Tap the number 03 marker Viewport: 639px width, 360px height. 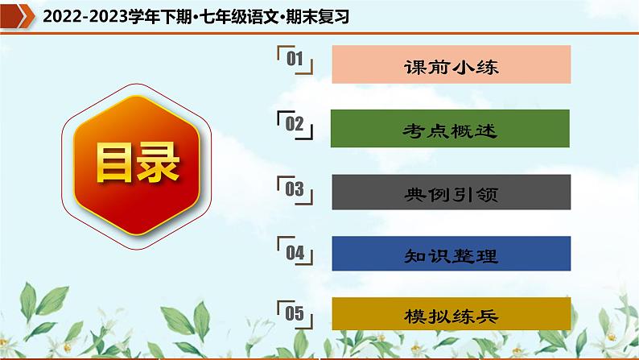(x=294, y=189)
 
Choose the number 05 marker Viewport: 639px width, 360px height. (x=294, y=313)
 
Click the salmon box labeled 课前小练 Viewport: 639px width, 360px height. (x=451, y=66)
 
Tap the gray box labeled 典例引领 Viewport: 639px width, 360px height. (x=451, y=193)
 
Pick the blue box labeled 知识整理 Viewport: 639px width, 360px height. (x=451, y=256)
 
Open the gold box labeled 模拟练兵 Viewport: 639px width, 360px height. (x=451, y=316)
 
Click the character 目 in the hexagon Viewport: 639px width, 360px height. (x=111, y=163)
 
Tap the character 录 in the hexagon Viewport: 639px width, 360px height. (x=158, y=163)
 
